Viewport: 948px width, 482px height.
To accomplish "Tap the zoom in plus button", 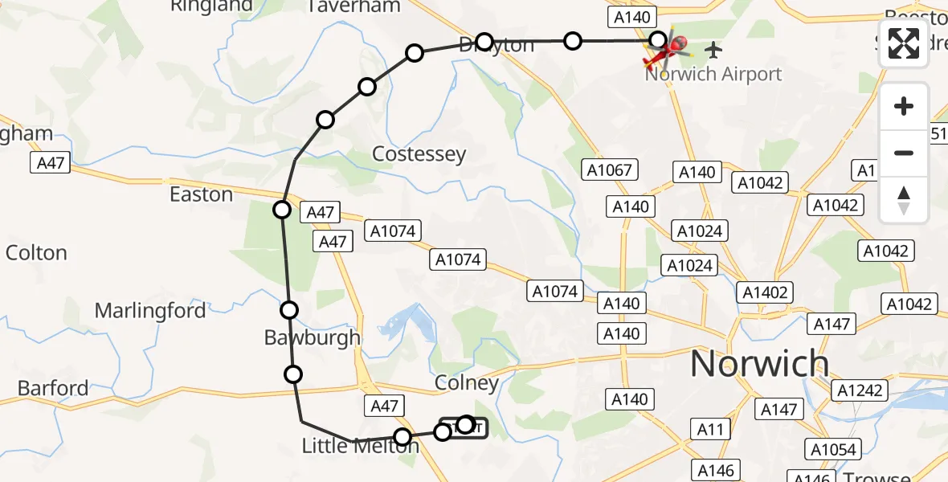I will coord(904,106).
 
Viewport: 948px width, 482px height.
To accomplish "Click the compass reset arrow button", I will coord(904,200).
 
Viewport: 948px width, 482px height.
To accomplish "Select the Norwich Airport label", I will coord(713,75).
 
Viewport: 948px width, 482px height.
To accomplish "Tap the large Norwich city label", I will coord(759,364).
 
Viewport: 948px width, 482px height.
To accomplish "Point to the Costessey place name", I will coord(419,153).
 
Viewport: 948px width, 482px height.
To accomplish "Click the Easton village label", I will coord(201,194).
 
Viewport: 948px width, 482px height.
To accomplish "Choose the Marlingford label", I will coord(150,310).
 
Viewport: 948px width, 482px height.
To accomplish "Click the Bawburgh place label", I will coord(313,338).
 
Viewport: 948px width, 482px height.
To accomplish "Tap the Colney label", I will coord(466,383).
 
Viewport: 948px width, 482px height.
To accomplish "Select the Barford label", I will coord(53,389).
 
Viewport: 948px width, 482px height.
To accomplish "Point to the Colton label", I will coord(36,253).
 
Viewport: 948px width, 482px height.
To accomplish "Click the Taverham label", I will coord(354,6).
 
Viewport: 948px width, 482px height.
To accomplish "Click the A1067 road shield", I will coord(610,170).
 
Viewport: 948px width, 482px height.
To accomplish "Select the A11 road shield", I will coord(710,430).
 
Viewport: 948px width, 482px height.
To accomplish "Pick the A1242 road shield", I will coord(860,391).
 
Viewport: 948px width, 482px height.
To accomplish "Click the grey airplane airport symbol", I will coord(713,50).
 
